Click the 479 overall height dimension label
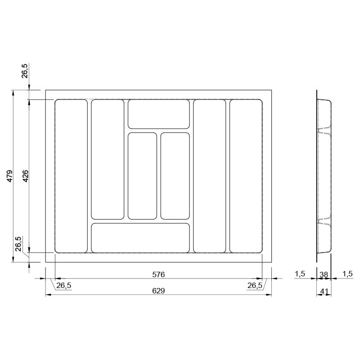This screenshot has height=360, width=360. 9,176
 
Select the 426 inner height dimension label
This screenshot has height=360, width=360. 26,176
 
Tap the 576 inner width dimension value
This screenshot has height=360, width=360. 158,274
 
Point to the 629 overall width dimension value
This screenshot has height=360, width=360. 158,291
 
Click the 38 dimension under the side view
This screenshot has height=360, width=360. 324,274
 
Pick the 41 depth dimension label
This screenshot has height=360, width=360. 324,291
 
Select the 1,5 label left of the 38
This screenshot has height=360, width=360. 300,274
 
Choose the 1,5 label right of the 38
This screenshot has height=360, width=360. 347,274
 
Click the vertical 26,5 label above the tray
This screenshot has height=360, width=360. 25,71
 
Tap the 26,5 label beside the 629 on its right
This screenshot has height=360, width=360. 255,285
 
